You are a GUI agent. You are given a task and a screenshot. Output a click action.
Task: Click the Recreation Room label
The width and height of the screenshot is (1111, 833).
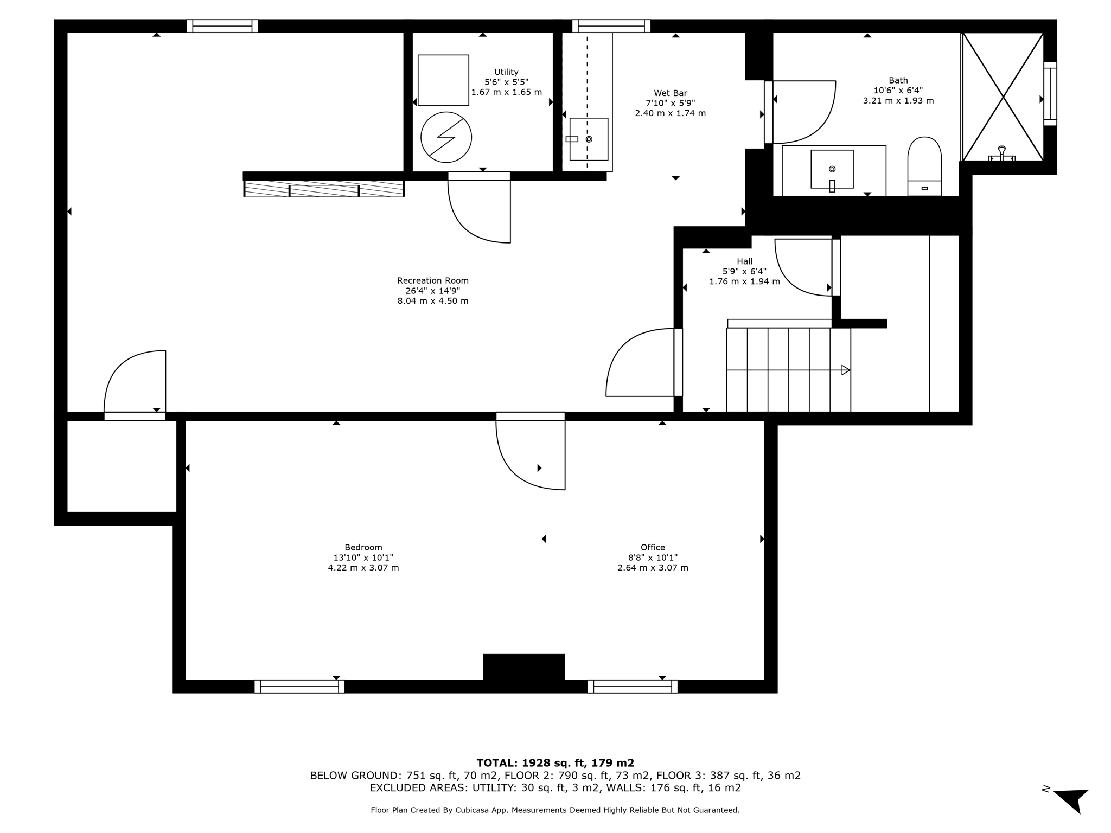tap(432, 280)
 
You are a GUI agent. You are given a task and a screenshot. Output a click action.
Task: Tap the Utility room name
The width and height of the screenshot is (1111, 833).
tap(506, 72)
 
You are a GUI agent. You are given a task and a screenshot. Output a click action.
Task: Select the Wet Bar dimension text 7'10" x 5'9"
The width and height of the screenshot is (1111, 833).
tap(670, 103)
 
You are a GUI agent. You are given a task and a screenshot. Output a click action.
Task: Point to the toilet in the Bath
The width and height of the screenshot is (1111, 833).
tap(924, 165)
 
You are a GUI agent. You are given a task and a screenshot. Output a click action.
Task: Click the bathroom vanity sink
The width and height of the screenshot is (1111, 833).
tap(832, 169)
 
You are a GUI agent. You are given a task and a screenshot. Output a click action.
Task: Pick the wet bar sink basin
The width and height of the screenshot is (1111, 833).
tap(589, 139)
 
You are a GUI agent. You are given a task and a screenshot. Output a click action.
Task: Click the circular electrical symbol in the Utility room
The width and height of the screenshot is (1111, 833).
tap(446, 137)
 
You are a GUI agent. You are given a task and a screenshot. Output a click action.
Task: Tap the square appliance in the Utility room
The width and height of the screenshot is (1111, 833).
tap(443, 80)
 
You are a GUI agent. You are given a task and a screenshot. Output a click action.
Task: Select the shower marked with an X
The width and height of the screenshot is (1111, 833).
tap(1003, 97)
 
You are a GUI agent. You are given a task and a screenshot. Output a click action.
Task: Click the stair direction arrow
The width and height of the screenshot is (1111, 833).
tap(845, 370)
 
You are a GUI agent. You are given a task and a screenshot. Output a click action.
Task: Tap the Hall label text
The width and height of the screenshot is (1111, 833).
tap(744, 261)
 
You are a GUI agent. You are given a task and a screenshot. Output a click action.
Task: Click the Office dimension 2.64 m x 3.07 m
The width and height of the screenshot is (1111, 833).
tap(653, 568)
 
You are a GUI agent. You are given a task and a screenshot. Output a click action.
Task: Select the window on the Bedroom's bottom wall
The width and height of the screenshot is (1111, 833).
tap(299, 686)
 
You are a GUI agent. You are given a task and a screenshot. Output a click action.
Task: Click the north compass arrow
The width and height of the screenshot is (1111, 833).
tap(1071, 799)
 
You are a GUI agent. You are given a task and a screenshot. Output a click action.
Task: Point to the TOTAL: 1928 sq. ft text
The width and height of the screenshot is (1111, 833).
tap(555, 762)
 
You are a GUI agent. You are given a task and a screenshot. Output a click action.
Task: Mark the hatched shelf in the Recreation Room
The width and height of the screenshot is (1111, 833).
tap(324, 188)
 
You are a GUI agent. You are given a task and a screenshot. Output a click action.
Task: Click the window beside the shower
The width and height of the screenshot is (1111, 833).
tap(1050, 94)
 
